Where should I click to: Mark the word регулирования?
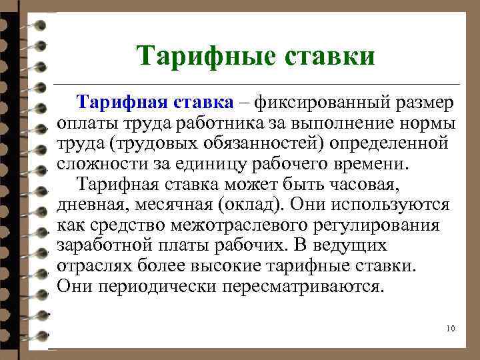(x=375, y=225)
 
